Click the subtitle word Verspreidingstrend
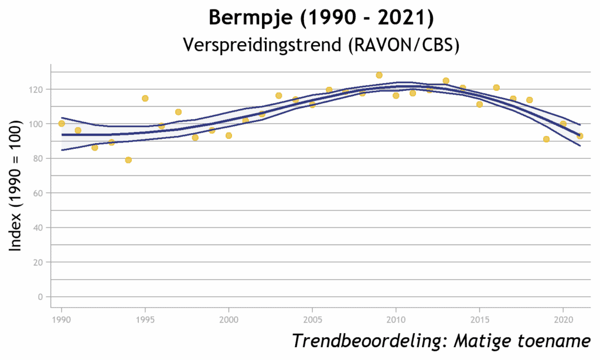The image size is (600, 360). tap(262, 45)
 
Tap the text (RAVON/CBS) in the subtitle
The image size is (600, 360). tap(404, 45)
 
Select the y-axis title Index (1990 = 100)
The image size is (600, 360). tap(15, 186)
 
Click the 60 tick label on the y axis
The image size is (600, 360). tap(38, 193)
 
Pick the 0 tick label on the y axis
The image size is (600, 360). tap(40, 297)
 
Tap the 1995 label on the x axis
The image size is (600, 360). tap(145, 320)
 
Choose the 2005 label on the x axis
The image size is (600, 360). tap(312, 320)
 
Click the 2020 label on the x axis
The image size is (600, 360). tap(563, 320)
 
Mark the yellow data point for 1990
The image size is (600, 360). tap(62, 123)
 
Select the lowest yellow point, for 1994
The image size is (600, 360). tap(128, 159)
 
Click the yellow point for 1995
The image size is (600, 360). tap(145, 99)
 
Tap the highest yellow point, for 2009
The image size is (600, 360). tap(379, 75)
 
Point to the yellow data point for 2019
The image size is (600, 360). tap(547, 139)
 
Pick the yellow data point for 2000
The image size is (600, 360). tap(229, 135)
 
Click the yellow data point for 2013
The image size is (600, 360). tap(446, 81)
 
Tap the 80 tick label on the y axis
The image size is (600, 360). tap(38, 158)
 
